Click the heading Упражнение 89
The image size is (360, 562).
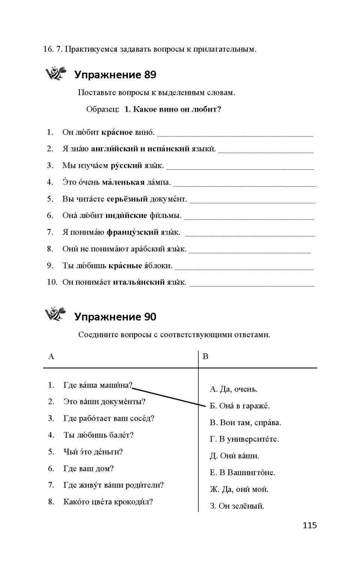pos(115,75)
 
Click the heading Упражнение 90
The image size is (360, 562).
pos(115,317)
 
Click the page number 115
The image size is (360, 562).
pos(310,525)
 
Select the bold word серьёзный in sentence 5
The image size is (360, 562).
pos(127,199)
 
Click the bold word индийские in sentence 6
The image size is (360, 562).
pos(126,215)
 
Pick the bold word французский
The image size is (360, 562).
pos(132,232)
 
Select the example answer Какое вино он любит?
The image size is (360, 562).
pos(172,109)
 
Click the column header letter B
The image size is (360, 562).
pos(205,356)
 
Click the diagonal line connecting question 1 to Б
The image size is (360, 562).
pos(169,396)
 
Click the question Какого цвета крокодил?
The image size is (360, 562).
pos(108,502)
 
